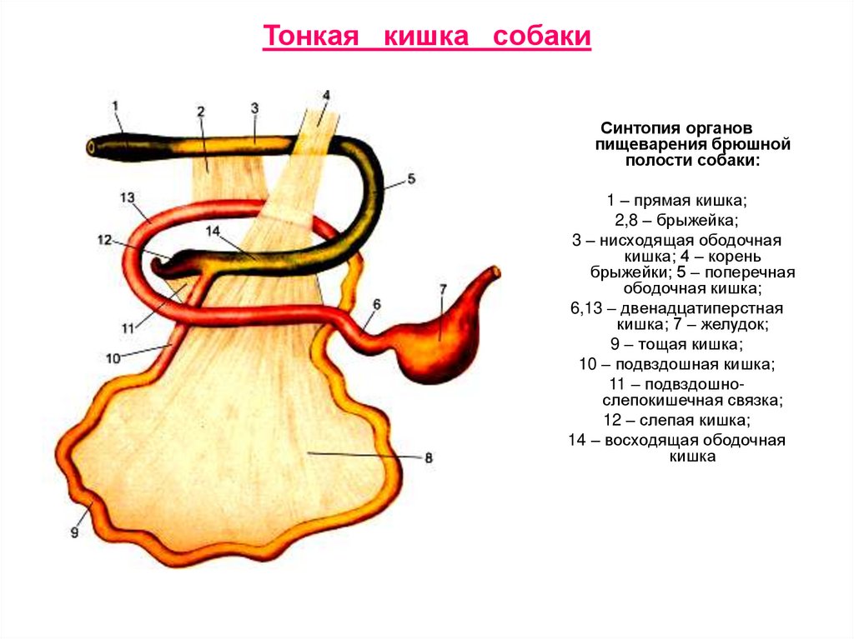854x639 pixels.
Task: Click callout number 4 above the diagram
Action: click(x=326, y=95)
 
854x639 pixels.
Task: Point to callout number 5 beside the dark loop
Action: click(x=410, y=179)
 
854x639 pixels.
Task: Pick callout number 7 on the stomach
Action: click(x=444, y=289)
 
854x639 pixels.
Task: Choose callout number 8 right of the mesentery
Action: click(x=429, y=457)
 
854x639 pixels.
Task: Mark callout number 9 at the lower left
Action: click(x=74, y=533)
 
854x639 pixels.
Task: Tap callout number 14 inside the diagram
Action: click(x=212, y=230)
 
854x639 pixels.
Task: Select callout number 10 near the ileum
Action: click(x=113, y=357)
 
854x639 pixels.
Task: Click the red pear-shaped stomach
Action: click(x=438, y=333)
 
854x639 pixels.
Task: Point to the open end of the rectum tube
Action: click(x=90, y=147)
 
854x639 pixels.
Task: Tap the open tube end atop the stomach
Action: click(x=497, y=272)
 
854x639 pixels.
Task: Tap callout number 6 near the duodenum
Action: click(x=376, y=305)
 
